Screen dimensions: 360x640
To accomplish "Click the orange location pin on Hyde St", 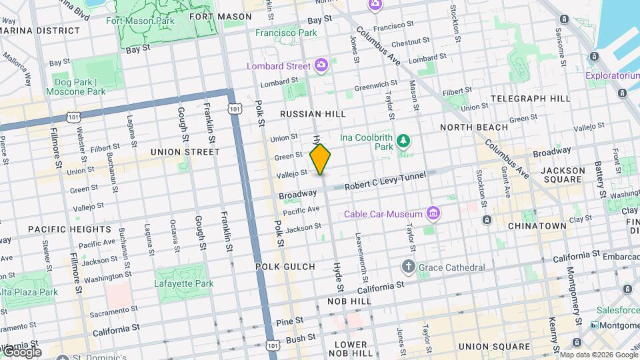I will tap(320, 159).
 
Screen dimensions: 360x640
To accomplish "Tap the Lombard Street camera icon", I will tap(321, 65).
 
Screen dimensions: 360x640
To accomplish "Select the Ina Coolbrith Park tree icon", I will tap(403, 141).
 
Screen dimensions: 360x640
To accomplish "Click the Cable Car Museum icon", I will tap(433, 213).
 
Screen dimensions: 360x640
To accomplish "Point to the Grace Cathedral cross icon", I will tap(409, 267).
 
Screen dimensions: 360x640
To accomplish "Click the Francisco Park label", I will tap(286, 32).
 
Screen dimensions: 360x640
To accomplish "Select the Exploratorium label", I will tap(612, 75).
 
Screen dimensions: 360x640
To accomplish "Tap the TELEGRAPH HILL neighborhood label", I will tap(530, 98).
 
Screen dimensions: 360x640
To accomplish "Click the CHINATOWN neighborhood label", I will tap(537, 226).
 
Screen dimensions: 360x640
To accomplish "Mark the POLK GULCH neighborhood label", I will tap(285, 267).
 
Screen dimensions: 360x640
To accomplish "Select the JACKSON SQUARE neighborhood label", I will tap(563, 175).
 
